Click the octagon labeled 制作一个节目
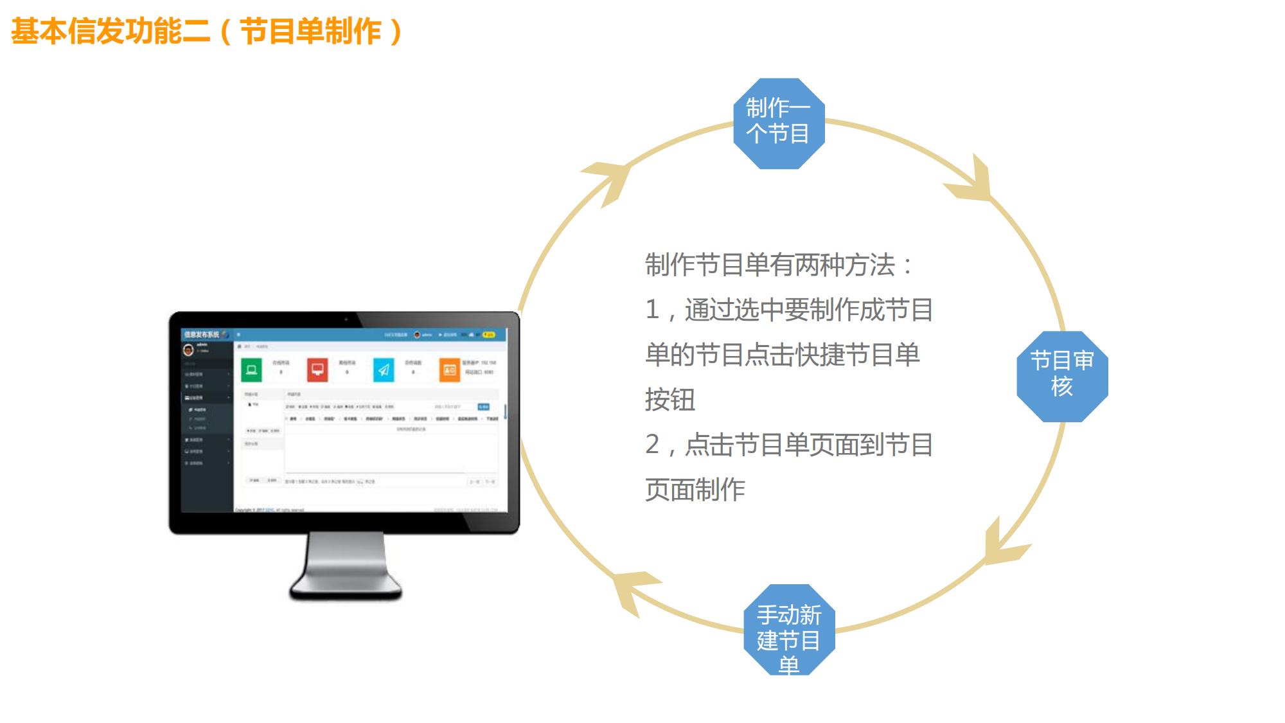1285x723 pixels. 779,123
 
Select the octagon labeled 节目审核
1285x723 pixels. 1062,376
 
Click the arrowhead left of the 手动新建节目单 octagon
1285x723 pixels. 634,589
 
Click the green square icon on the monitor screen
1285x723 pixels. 251,370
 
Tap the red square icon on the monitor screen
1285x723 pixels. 317,370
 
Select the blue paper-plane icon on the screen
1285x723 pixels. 384,370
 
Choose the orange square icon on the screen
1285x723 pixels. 450,370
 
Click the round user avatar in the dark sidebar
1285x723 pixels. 188,350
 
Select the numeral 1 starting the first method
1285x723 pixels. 652,310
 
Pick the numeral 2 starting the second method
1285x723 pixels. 652,445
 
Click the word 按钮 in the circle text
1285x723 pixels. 670,400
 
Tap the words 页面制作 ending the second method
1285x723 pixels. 695,490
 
